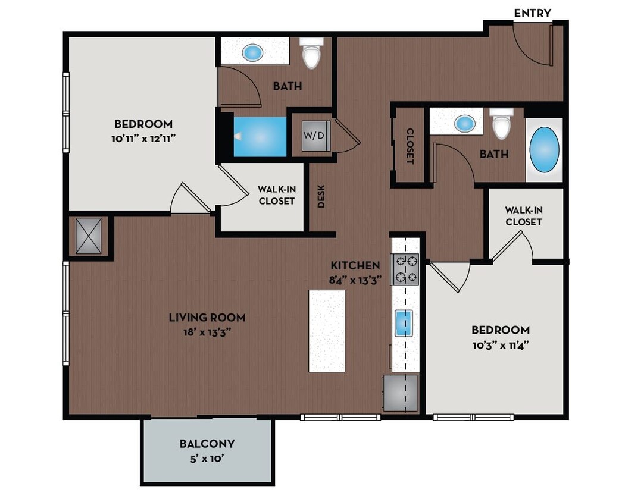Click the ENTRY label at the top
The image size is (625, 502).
coord(532,13)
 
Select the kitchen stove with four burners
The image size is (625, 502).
coord(405,269)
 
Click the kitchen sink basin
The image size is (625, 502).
coord(404,324)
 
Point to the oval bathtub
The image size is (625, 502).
coord(544,149)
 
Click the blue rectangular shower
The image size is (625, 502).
coord(260,137)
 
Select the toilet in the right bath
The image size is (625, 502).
coord(502,124)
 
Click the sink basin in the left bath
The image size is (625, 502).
coord(252,53)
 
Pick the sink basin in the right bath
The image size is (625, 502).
coord(464,124)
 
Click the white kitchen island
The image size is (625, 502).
coord(327,331)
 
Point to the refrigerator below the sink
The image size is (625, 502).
coord(400,393)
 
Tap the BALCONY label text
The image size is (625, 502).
coord(207,444)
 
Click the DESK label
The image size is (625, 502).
coord(321,196)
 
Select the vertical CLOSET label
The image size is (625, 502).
coord(410,146)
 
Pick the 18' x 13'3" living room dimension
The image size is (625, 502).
coord(207,332)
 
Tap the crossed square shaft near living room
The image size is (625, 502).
coord(88,236)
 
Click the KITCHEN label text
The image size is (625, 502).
coord(355,265)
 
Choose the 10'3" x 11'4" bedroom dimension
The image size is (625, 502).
coord(500,344)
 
